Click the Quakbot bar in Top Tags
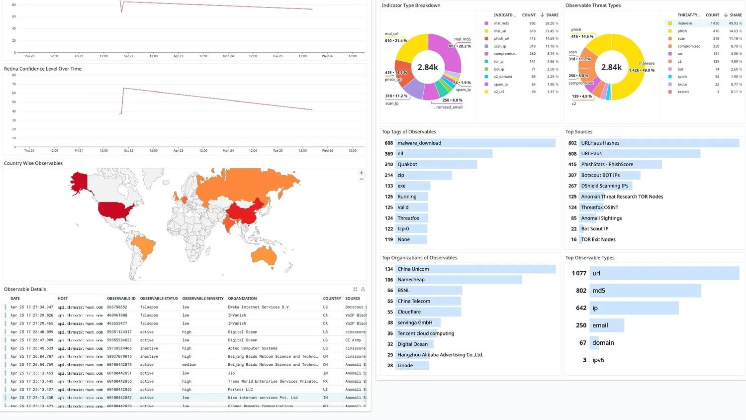point(436,164)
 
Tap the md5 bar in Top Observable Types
point(645,291)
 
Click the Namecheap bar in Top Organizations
point(459,280)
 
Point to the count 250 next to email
point(581,325)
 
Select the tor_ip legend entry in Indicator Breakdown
point(498,61)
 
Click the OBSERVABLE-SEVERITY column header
point(203,299)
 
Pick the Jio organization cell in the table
point(231,373)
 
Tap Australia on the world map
point(264,255)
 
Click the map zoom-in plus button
point(362,173)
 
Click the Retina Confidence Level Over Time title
point(43,69)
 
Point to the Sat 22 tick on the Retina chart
point(128,150)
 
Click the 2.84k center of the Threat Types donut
point(611,67)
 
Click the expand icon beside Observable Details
point(355,289)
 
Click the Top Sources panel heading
point(578,132)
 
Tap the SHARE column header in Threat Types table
point(736,15)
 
